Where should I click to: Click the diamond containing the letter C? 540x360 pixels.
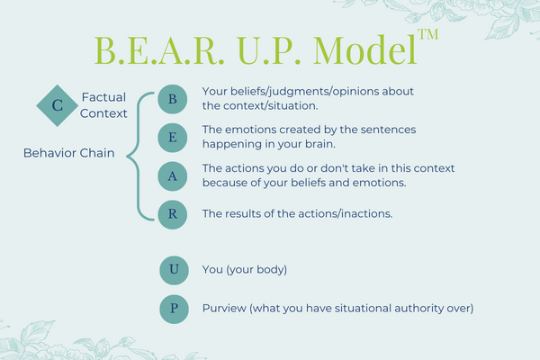coord(58,105)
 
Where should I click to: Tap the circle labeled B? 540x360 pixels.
coord(173,99)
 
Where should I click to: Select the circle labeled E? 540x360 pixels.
coord(173,138)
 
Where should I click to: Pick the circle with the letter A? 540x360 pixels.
coord(173,176)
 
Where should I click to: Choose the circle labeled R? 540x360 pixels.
coord(173,214)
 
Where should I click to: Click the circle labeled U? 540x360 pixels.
coord(174,270)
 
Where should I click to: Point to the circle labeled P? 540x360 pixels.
coord(174,309)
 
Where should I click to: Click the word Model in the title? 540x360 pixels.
coord(365,50)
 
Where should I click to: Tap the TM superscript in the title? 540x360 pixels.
coord(428,34)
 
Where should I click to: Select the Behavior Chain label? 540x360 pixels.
coord(69,153)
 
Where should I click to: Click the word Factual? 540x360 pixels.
coord(103,97)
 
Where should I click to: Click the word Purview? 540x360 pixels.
coord(224,308)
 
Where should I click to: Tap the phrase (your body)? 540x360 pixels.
coord(256,270)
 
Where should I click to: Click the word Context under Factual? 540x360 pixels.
coord(103,113)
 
